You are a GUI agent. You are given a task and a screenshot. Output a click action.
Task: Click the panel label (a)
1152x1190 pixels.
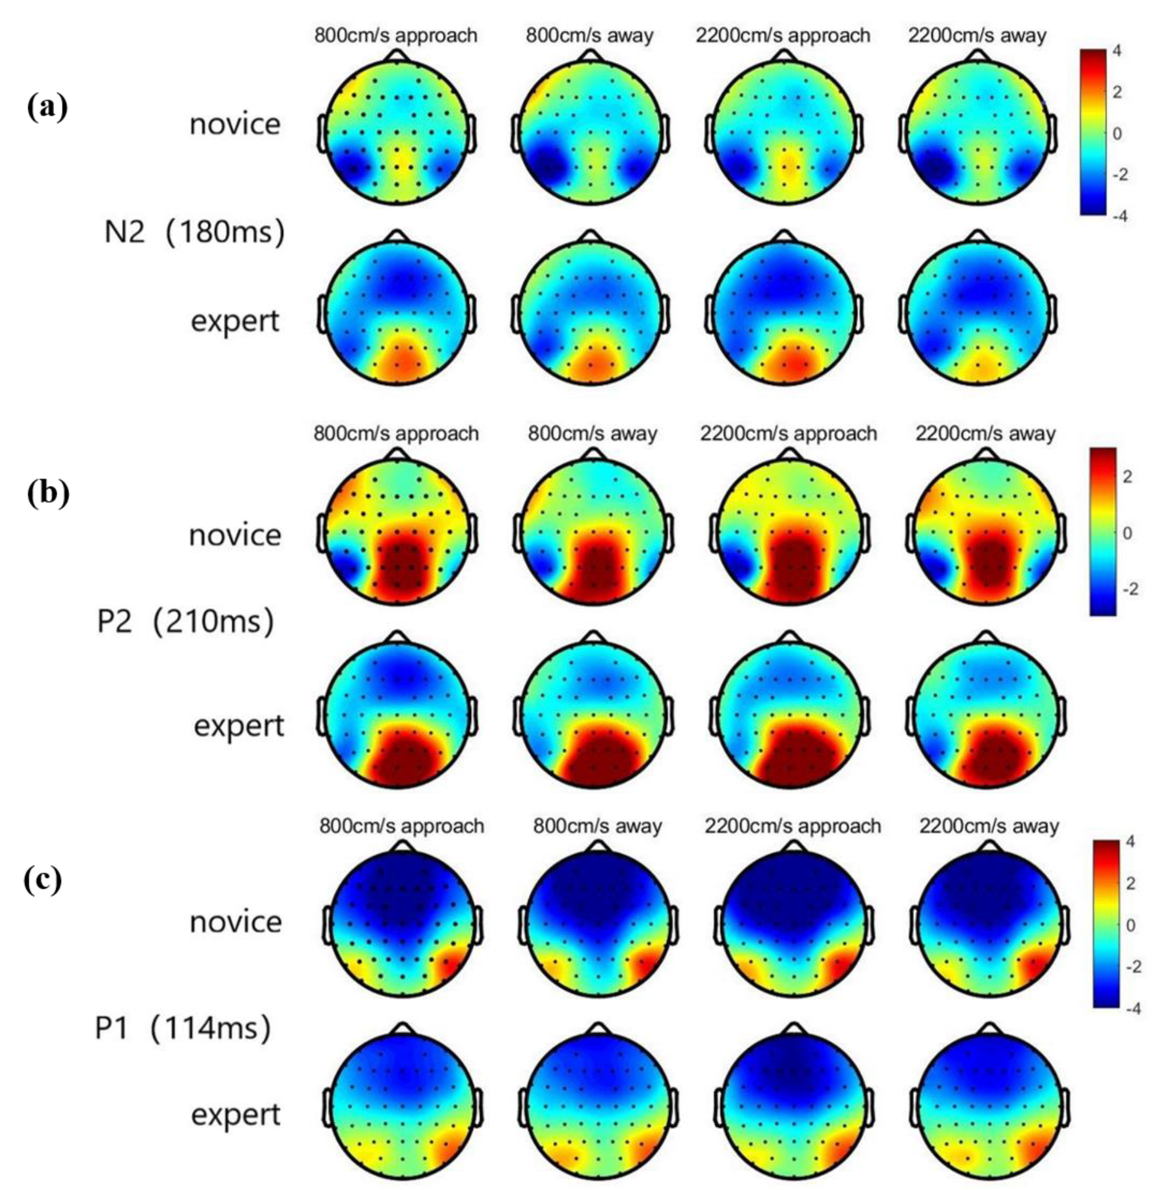coord(47,107)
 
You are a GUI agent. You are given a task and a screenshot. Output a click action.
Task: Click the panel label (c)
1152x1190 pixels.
coord(43,878)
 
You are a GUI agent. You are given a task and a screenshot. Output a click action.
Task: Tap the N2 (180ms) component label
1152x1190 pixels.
coord(194,231)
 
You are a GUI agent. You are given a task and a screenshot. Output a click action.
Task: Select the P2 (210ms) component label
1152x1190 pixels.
coord(185,620)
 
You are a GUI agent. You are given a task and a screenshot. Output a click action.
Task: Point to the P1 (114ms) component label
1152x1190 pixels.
coord(183,1027)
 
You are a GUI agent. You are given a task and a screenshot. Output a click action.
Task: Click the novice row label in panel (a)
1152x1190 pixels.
coord(235,124)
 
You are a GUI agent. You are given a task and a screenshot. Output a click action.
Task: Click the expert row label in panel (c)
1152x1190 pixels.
coord(236,1114)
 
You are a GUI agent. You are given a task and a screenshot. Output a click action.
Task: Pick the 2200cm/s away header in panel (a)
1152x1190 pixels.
coord(977,35)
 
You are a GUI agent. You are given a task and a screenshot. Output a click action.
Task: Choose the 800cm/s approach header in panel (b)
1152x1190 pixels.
coord(396,433)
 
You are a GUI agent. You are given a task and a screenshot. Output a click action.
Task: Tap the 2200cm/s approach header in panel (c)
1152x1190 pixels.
coord(792,826)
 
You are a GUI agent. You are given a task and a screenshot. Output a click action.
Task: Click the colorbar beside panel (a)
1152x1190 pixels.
coord(1092,131)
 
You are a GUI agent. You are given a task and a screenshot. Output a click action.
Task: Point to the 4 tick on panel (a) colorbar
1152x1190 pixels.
coord(1117,50)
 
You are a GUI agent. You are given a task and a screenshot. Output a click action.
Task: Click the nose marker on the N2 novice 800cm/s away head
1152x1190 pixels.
coord(590,56)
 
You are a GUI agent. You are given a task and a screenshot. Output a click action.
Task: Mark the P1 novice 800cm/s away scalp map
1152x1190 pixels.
coord(597,924)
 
